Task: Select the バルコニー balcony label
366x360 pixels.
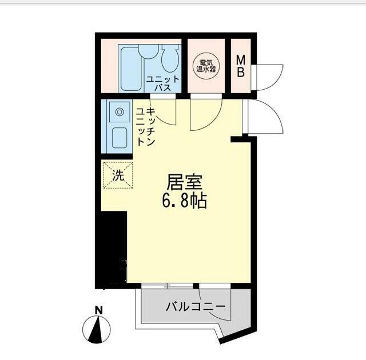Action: tap(196, 307)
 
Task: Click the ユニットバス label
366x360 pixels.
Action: tap(163, 83)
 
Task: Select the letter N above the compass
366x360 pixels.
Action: tap(99, 311)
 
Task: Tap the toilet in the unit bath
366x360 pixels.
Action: tap(169, 60)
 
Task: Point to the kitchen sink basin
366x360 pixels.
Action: tap(119, 137)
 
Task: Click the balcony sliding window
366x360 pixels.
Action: tap(167, 285)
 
